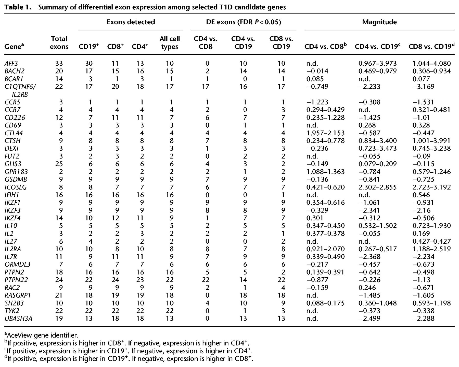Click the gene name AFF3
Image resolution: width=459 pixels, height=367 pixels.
(11, 63)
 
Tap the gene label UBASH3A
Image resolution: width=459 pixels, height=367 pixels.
(18, 318)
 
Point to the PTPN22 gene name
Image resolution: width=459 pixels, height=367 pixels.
(16, 280)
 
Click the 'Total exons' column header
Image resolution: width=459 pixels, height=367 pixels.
(59, 43)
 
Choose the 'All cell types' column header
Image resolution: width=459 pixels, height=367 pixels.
(170, 43)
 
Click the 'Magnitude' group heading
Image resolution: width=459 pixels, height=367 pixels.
(379, 22)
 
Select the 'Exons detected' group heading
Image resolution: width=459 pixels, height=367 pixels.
(131, 22)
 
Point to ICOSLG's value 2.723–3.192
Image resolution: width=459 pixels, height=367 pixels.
(432, 187)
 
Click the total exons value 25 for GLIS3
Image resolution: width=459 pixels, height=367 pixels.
(59, 164)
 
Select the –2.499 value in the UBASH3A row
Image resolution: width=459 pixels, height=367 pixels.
(369, 318)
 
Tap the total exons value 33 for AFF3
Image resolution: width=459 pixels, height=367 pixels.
(59, 63)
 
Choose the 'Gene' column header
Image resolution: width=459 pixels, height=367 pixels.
(14, 46)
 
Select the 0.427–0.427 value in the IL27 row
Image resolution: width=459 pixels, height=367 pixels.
(432, 241)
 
